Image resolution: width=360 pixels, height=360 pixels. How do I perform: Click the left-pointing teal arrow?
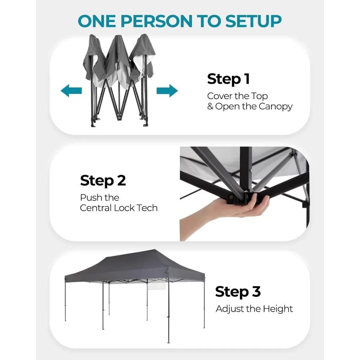click(x=71, y=91)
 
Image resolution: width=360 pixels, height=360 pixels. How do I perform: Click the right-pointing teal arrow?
click(x=167, y=90)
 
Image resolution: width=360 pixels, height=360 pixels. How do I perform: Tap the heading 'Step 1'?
click(x=228, y=79)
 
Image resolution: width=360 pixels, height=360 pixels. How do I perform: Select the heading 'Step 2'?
click(x=103, y=180)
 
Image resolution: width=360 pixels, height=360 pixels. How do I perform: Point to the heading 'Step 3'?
click(x=238, y=292)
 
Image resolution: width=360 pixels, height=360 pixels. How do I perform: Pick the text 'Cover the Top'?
click(x=237, y=96)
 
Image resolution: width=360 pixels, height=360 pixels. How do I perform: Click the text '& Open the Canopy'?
click(x=250, y=107)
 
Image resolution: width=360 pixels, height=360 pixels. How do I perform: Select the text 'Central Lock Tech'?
click(x=119, y=208)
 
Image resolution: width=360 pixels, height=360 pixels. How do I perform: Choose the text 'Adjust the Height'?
click(x=254, y=309)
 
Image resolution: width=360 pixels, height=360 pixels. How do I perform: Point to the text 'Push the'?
click(x=99, y=198)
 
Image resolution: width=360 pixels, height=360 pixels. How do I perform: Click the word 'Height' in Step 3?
click(x=278, y=309)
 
